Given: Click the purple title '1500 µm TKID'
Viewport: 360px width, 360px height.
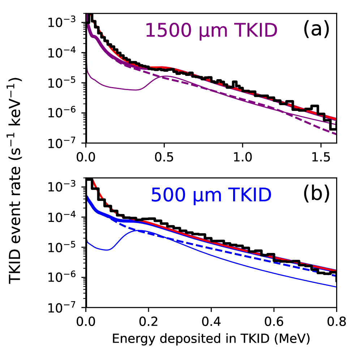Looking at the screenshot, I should (211, 31).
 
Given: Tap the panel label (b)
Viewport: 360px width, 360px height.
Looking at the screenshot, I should (316, 194).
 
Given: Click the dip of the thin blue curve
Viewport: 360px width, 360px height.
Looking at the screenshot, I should (108, 249).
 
